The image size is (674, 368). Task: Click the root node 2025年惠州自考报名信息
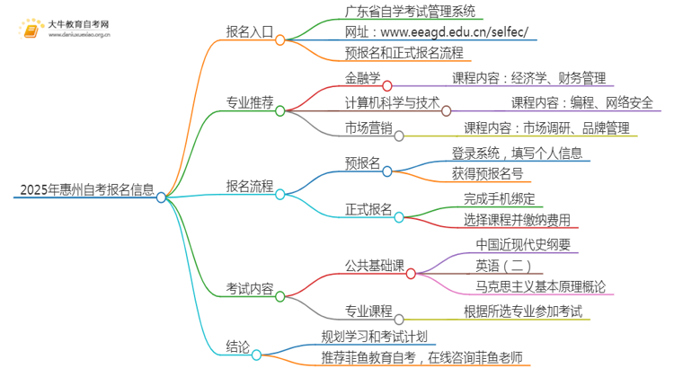83,190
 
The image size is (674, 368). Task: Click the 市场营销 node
368,127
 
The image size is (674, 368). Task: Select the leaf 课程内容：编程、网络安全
581,101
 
